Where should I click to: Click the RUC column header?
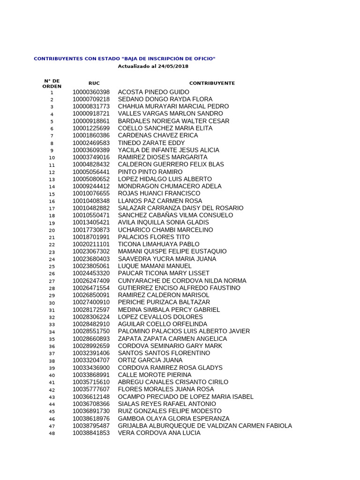(x=94, y=83)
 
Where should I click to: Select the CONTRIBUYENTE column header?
(x=212, y=83)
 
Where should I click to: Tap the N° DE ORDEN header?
(x=52, y=83)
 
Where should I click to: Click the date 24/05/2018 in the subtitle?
(x=173, y=67)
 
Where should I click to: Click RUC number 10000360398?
(x=91, y=92)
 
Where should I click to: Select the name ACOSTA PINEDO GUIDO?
(x=154, y=92)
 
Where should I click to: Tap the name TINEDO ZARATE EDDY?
(x=151, y=143)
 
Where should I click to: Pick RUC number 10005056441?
(x=91, y=172)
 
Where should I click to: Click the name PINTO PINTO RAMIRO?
(x=150, y=172)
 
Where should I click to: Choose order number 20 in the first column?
(x=52, y=230)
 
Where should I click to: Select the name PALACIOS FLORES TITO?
(x=154, y=237)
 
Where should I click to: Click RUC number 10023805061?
(x=91, y=266)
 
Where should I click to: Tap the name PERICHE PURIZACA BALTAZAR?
(x=164, y=302)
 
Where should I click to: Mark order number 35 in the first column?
(x=52, y=339)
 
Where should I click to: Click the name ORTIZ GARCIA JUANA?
(x=150, y=360)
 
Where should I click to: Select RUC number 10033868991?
(x=91, y=375)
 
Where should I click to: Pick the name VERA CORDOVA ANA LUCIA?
(x=159, y=433)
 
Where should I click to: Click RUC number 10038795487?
(x=91, y=426)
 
